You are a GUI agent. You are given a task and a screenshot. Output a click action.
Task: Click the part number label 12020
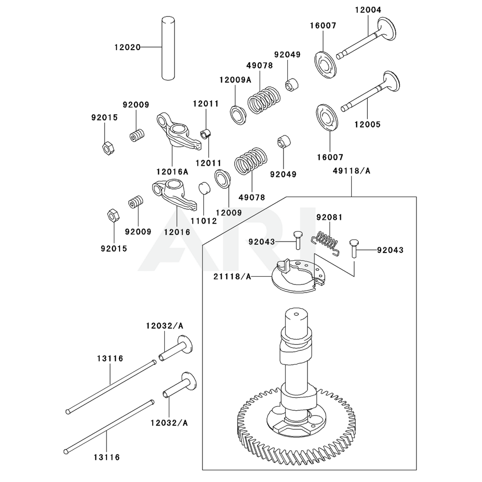point(127,47)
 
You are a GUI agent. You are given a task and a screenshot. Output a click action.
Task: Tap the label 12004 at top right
point(368,10)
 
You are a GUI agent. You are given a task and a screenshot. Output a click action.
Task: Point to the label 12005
point(368,124)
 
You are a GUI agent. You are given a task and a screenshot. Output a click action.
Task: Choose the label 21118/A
point(233,276)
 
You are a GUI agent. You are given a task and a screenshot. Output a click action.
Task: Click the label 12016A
point(172,171)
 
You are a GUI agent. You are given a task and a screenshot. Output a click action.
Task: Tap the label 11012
point(203,221)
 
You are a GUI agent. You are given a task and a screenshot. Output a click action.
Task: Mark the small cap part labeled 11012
point(205,187)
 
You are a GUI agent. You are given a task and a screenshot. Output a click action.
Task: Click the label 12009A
point(235,80)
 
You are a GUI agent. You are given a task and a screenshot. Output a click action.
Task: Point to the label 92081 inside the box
point(329,217)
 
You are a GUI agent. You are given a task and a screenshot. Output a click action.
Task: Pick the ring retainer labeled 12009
point(223,179)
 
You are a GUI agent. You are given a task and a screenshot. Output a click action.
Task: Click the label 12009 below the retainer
point(228,212)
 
